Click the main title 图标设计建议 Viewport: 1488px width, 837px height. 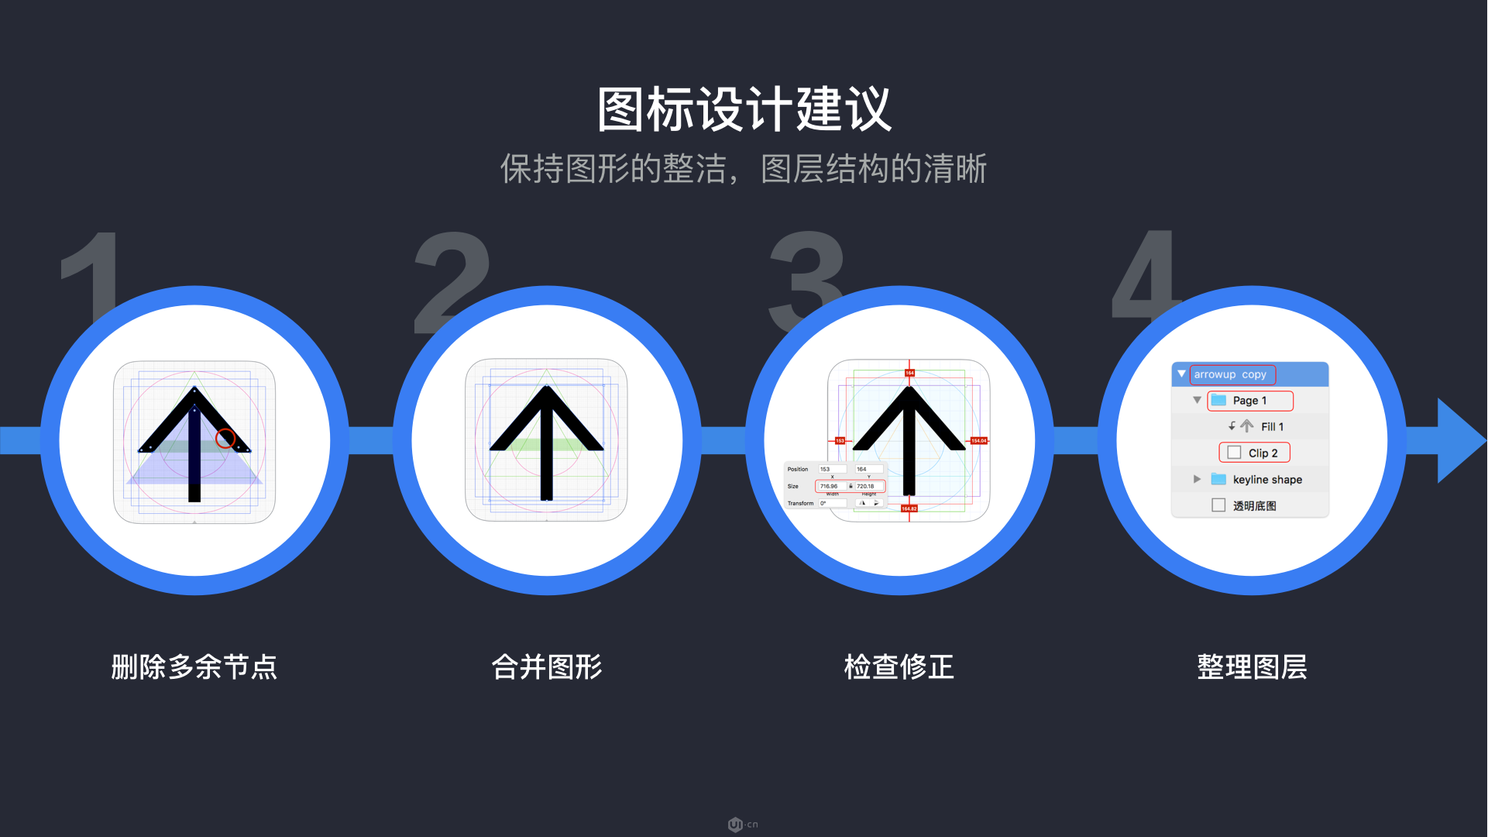coord(744,109)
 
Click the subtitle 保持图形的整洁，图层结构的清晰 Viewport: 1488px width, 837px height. coord(744,169)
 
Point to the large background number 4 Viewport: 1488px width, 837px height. coord(1145,271)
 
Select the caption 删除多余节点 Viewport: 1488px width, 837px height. coord(194,666)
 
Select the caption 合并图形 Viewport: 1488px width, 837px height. coord(547,666)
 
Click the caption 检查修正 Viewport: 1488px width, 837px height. coord(899,666)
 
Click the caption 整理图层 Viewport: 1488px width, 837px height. coord(1252,666)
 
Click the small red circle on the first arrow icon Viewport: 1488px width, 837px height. coord(225,439)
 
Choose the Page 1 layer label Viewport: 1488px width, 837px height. coord(1249,401)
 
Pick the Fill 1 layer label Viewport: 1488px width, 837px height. coord(1272,427)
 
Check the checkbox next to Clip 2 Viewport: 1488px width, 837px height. coord(1234,453)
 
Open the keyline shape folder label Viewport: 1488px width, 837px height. coord(1267,480)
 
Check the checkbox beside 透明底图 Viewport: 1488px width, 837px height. coord(1218,505)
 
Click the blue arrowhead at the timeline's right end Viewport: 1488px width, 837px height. coord(1460,440)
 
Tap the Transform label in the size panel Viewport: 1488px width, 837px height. coord(800,503)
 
